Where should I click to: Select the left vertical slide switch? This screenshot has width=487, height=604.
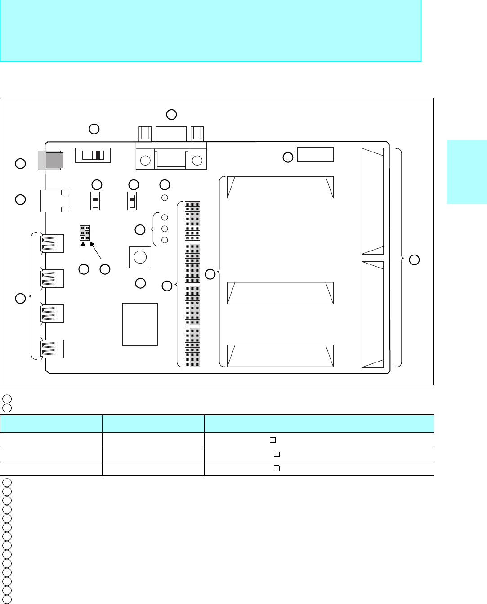[95, 201]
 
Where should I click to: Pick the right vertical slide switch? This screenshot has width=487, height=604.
[132, 201]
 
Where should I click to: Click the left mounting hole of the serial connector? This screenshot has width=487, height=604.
[145, 161]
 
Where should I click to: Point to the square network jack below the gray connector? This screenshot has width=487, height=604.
[55, 201]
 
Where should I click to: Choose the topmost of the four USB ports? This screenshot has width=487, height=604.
[52, 243]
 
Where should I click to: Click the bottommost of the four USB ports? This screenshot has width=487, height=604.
[52, 349]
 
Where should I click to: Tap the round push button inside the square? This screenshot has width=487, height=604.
[140, 257]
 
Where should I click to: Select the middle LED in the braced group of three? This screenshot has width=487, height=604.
[165, 229]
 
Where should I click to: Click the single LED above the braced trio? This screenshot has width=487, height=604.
[165, 197]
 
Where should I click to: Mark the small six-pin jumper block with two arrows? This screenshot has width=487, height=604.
[85, 233]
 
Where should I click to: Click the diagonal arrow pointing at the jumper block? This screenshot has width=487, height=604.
[95, 251]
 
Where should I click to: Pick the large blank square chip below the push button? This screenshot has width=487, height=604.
[140, 324]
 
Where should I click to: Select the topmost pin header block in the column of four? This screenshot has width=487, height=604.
[192, 221]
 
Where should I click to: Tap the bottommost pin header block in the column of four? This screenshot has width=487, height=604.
[192, 348]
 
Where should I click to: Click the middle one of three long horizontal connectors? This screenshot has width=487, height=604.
[280, 293]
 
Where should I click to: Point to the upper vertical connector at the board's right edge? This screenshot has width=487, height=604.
[372, 201]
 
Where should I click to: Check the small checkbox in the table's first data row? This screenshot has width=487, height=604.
[273, 440]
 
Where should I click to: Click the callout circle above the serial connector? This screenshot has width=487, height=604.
[171, 114]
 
